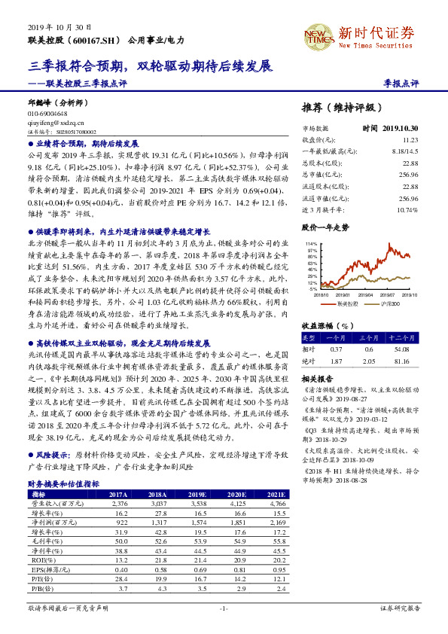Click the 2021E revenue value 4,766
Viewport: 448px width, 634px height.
pyautogui.click(x=277, y=503)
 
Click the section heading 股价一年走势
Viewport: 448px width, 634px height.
pyautogui.click(x=325, y=226)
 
